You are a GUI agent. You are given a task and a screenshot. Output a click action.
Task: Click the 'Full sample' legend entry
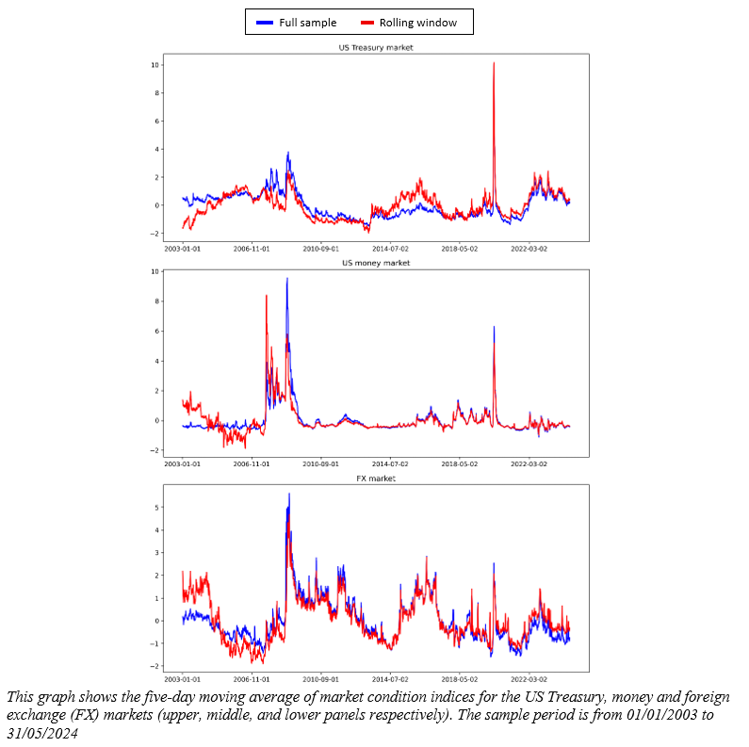click(304, 22)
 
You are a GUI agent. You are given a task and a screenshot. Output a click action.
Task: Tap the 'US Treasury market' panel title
click(376, 47)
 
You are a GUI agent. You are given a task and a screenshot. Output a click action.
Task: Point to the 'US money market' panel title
click(376, 263)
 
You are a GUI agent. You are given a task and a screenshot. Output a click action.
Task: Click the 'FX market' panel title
click(376, 479)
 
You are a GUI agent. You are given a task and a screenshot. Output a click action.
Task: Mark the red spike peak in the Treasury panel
click(494, 63)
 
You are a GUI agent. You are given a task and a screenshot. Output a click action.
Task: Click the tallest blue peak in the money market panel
click(287, 279)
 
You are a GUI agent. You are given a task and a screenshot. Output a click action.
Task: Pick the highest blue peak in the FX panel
click(288, 494)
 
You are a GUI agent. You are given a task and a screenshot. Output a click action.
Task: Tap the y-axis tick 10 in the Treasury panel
click(155, 65)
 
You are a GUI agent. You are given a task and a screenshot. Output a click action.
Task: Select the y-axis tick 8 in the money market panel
click(156, 301)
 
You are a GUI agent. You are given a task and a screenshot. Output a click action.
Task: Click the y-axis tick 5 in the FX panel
click(156, 507)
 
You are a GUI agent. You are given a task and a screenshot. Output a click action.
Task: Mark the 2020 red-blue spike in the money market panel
click(494, 328)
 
